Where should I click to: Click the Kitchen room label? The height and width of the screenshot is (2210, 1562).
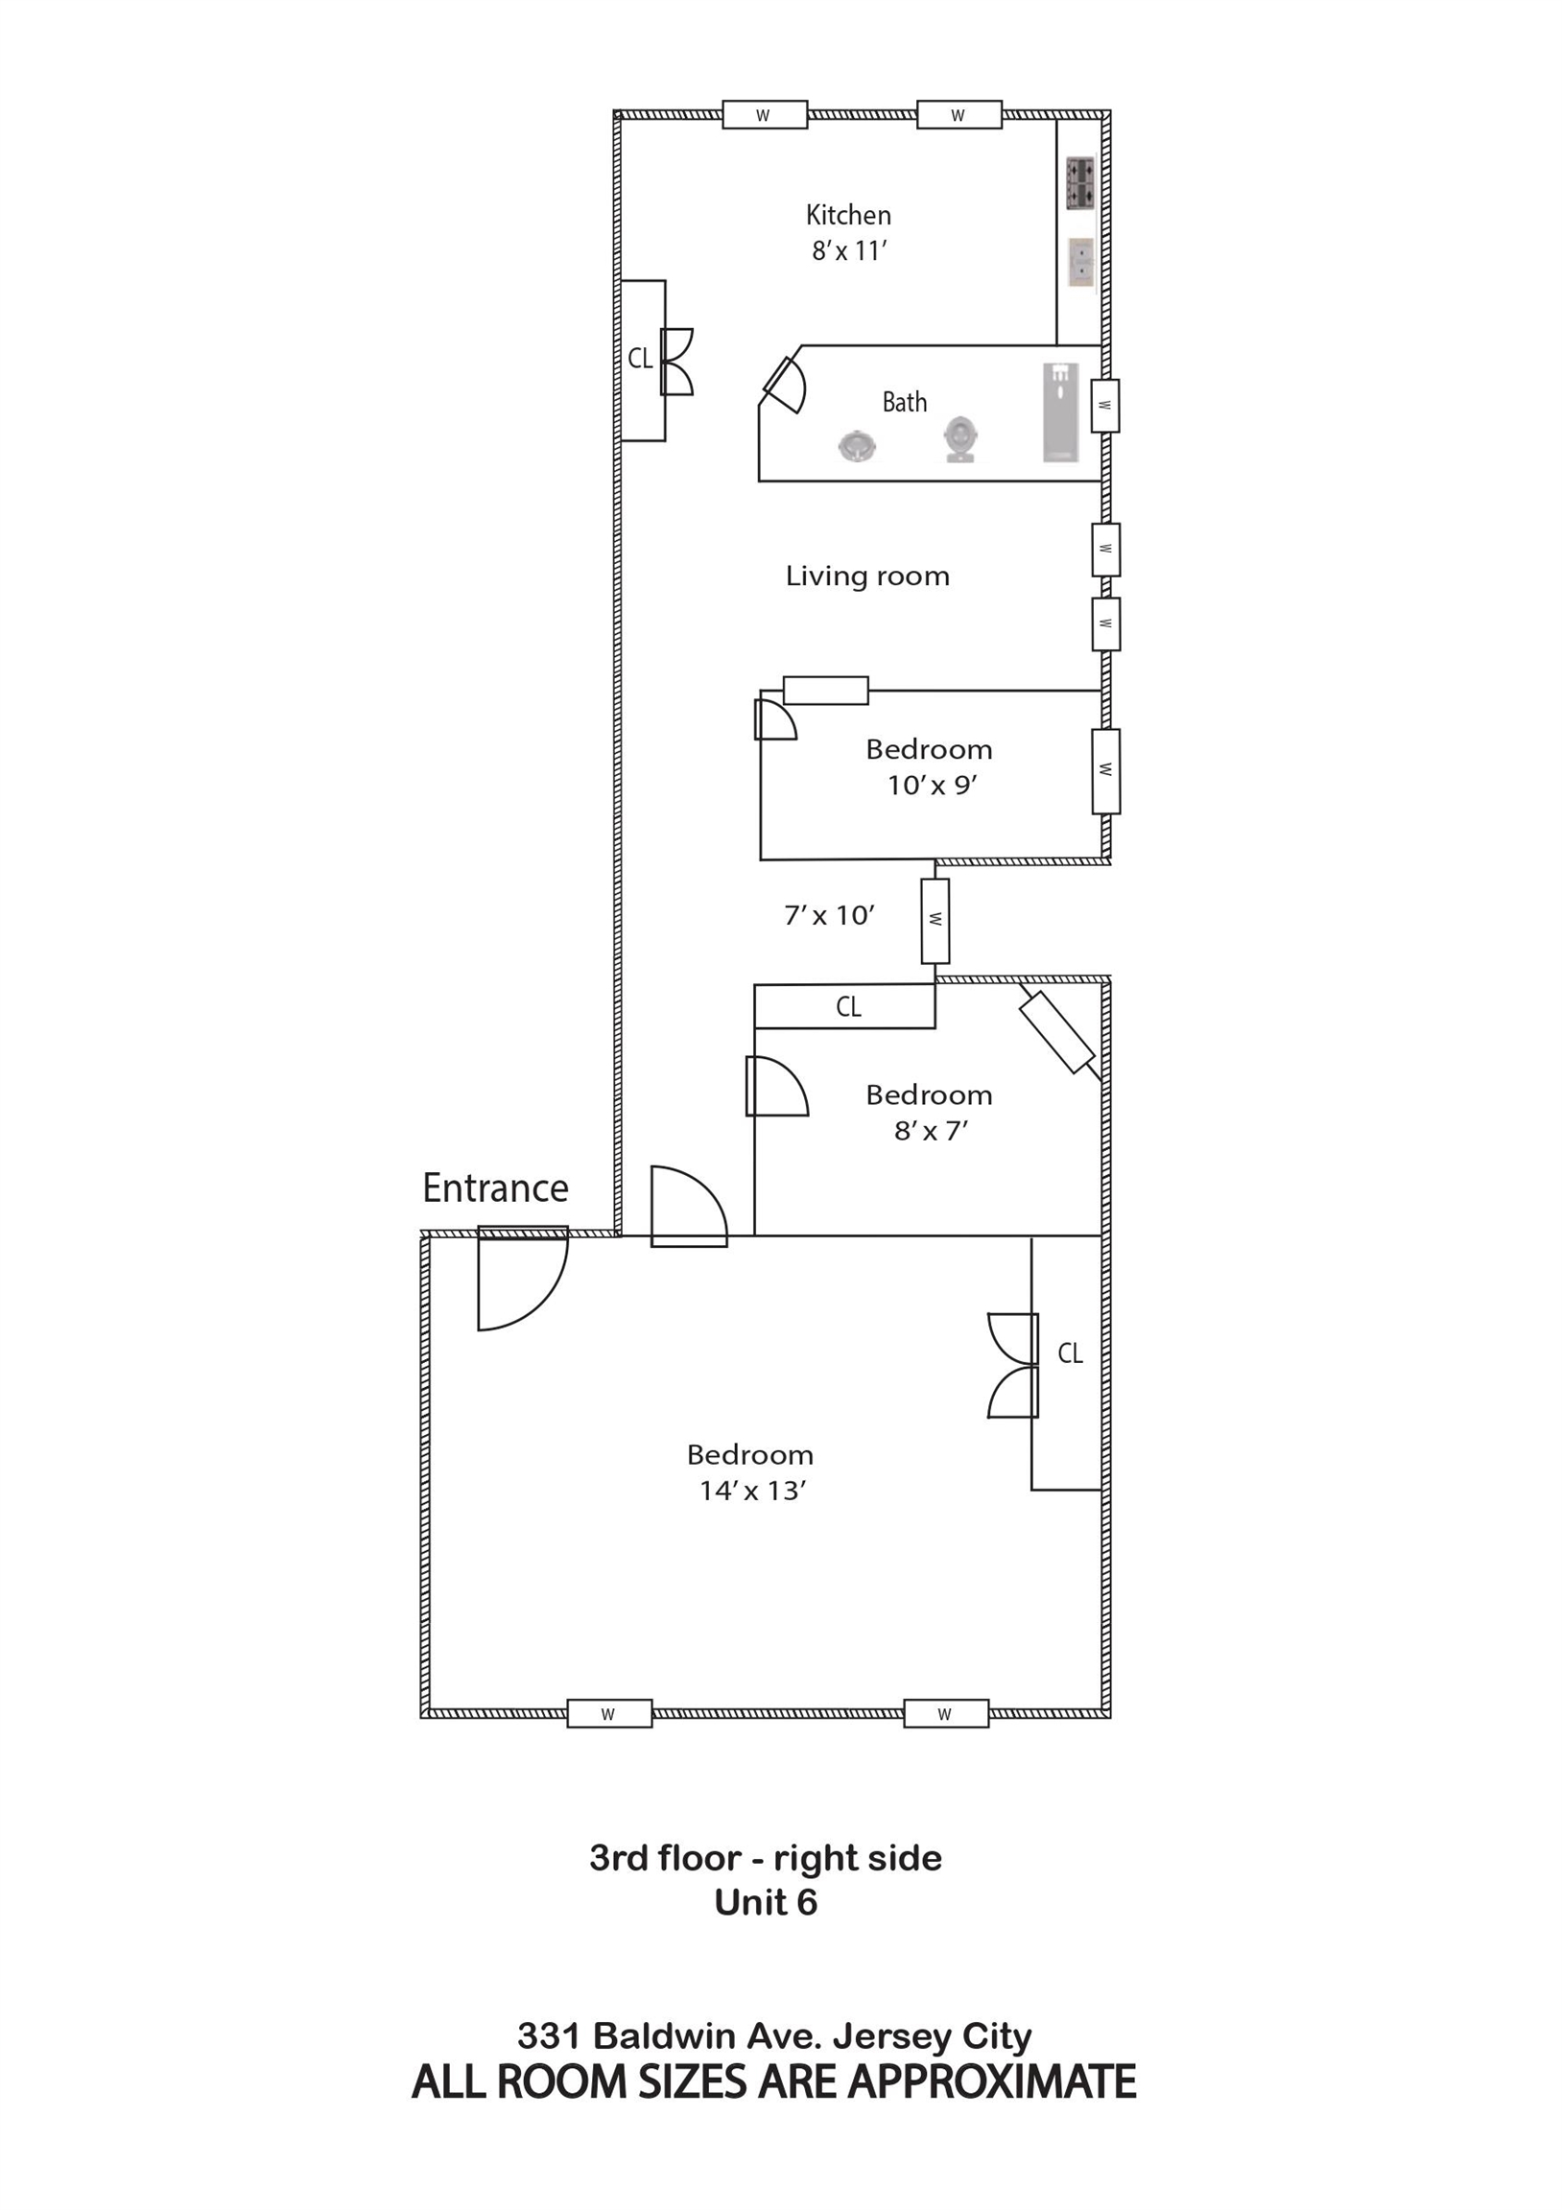848,214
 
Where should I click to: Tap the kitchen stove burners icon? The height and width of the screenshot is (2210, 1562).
1079,183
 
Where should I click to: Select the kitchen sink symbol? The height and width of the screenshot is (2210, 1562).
1080,263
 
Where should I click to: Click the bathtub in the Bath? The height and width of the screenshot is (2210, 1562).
1060,411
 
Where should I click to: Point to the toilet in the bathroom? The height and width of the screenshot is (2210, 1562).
959,440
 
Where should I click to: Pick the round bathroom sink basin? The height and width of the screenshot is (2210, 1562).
856,447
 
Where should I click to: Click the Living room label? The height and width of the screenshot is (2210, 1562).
867,576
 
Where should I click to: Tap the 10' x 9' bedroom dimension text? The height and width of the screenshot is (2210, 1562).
933,786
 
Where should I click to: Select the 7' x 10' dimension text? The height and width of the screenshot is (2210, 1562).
829,914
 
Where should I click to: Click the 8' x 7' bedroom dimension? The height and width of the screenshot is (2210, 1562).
931,1130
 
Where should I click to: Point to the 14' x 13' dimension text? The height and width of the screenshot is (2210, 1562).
752,1490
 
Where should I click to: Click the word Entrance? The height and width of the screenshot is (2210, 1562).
495,1187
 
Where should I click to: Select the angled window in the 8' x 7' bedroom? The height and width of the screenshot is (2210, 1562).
1057,1032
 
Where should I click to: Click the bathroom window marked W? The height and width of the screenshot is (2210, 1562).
1105,405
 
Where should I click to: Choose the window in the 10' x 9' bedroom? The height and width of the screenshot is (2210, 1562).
1105,771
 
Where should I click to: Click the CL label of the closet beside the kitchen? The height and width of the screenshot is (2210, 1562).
640,358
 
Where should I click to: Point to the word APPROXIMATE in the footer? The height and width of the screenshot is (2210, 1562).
992,2081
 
